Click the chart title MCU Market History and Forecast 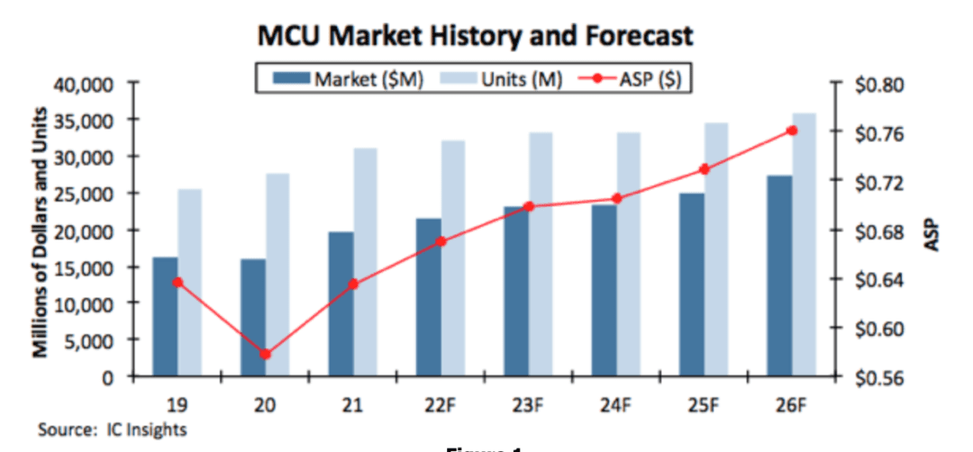(476, 37)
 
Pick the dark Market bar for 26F (779, 276)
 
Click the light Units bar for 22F (453, 258)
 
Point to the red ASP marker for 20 (265, 354)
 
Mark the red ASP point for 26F (792, 131)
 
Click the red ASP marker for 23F (529, 206)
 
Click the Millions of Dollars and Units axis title (40, 231)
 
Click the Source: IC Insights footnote (112, 429)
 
